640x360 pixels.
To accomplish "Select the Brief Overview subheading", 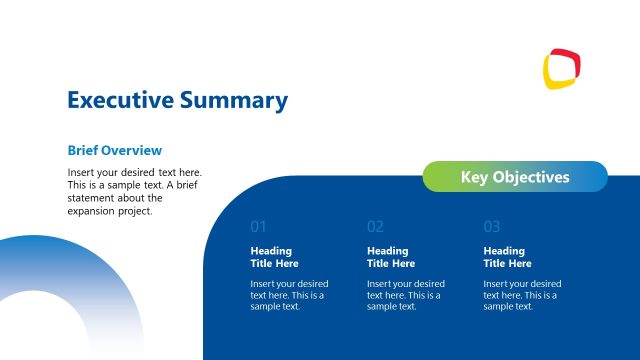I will pos(114,150).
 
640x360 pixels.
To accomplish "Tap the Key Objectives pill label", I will pos(515,177).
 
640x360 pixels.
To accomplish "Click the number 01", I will pos(258,227).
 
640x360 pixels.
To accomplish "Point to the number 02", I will pos(375,227).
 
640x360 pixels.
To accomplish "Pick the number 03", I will pos(491,227).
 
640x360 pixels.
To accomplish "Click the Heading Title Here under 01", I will pos(274,257).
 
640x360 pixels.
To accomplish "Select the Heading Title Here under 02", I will pos(391,257).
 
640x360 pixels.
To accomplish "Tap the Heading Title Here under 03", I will pos(507,257).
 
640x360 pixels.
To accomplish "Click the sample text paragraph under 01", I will pos(289,295).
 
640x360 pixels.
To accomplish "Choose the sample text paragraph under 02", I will pos(406,295).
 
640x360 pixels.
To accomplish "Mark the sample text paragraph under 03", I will pos(522,295).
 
